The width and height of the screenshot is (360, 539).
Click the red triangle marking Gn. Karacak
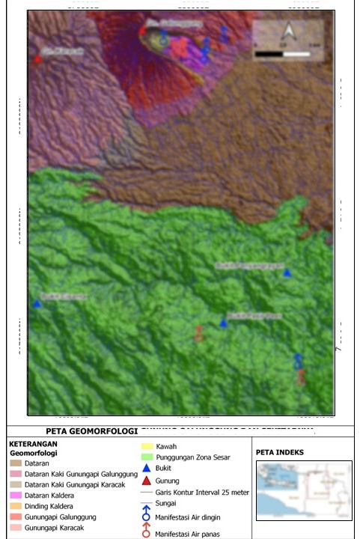click(37, 58)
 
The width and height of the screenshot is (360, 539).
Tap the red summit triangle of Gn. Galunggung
click(142, 31)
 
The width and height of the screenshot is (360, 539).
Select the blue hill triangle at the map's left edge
click(37, 303)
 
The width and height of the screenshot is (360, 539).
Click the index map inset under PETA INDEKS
click(303, 490)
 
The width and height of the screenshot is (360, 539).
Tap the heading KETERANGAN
click(34, 444)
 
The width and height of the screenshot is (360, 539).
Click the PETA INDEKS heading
click(280, 452)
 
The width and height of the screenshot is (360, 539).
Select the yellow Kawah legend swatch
click(147, 447)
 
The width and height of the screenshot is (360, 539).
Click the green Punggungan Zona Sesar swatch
click(147, 457)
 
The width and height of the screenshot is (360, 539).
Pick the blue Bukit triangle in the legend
click(147, 468)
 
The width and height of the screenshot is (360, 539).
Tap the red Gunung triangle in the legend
click(147, 481)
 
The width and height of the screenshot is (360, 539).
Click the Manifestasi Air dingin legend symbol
click(147, 515)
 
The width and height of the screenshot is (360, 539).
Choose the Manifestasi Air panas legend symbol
click(147, 532)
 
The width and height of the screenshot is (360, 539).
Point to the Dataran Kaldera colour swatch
click(15, 496)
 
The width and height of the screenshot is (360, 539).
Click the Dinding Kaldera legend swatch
click(15, 507)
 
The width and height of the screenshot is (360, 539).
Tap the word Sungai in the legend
click(166, 504)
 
